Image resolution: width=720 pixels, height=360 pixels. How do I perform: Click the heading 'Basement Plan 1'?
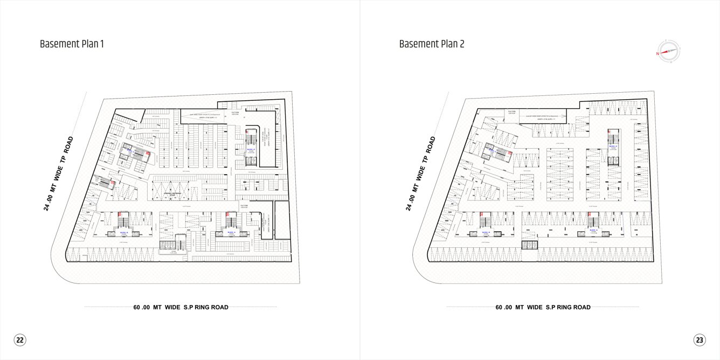pos(72,44)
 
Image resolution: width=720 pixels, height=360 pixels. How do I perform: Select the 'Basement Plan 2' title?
pos(432,44)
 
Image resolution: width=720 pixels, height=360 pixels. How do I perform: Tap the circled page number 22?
pos(20,340)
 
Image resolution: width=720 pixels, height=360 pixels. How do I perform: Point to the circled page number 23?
pos(700,340)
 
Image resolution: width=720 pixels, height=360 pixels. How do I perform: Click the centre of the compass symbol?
pos(668,52)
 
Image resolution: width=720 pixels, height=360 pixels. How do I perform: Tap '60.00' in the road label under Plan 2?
pos(504,308)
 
